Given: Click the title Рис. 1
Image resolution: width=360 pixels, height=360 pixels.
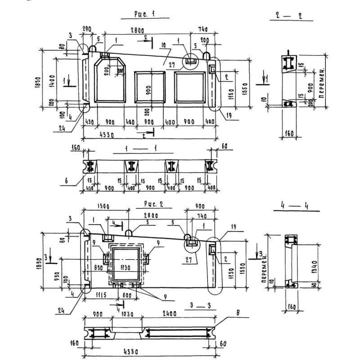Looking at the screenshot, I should click(144, 14).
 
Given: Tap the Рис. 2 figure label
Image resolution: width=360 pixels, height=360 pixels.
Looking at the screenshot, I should click(153, 204).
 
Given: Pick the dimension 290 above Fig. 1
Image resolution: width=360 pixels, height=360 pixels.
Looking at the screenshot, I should click(87, 29).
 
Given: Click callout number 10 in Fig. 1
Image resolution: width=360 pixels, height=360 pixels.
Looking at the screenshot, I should click(162, 45).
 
